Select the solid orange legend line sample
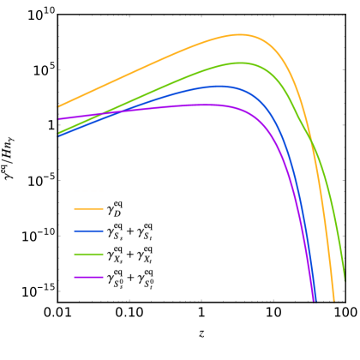click(x=88, y=208)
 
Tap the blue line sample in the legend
click(x=88, y=231)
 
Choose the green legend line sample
click(x=88, y=254)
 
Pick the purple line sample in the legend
click(x=88, y=277)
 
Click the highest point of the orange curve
click(x=239, y=35)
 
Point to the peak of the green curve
click(x=240, y=63)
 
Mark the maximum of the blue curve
click(x=219, y=86)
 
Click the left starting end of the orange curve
click(x=58, y=106)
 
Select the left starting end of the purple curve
click(x=58, y=119)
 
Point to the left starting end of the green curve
click(x=58, y=133)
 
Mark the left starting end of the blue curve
click(x=58, y=135)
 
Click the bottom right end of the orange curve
click(x=333, y=300)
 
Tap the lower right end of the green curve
click(x=344, y=280)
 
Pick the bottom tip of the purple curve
click(x=313, y=300)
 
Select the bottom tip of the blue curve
click(x=315, y=300)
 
